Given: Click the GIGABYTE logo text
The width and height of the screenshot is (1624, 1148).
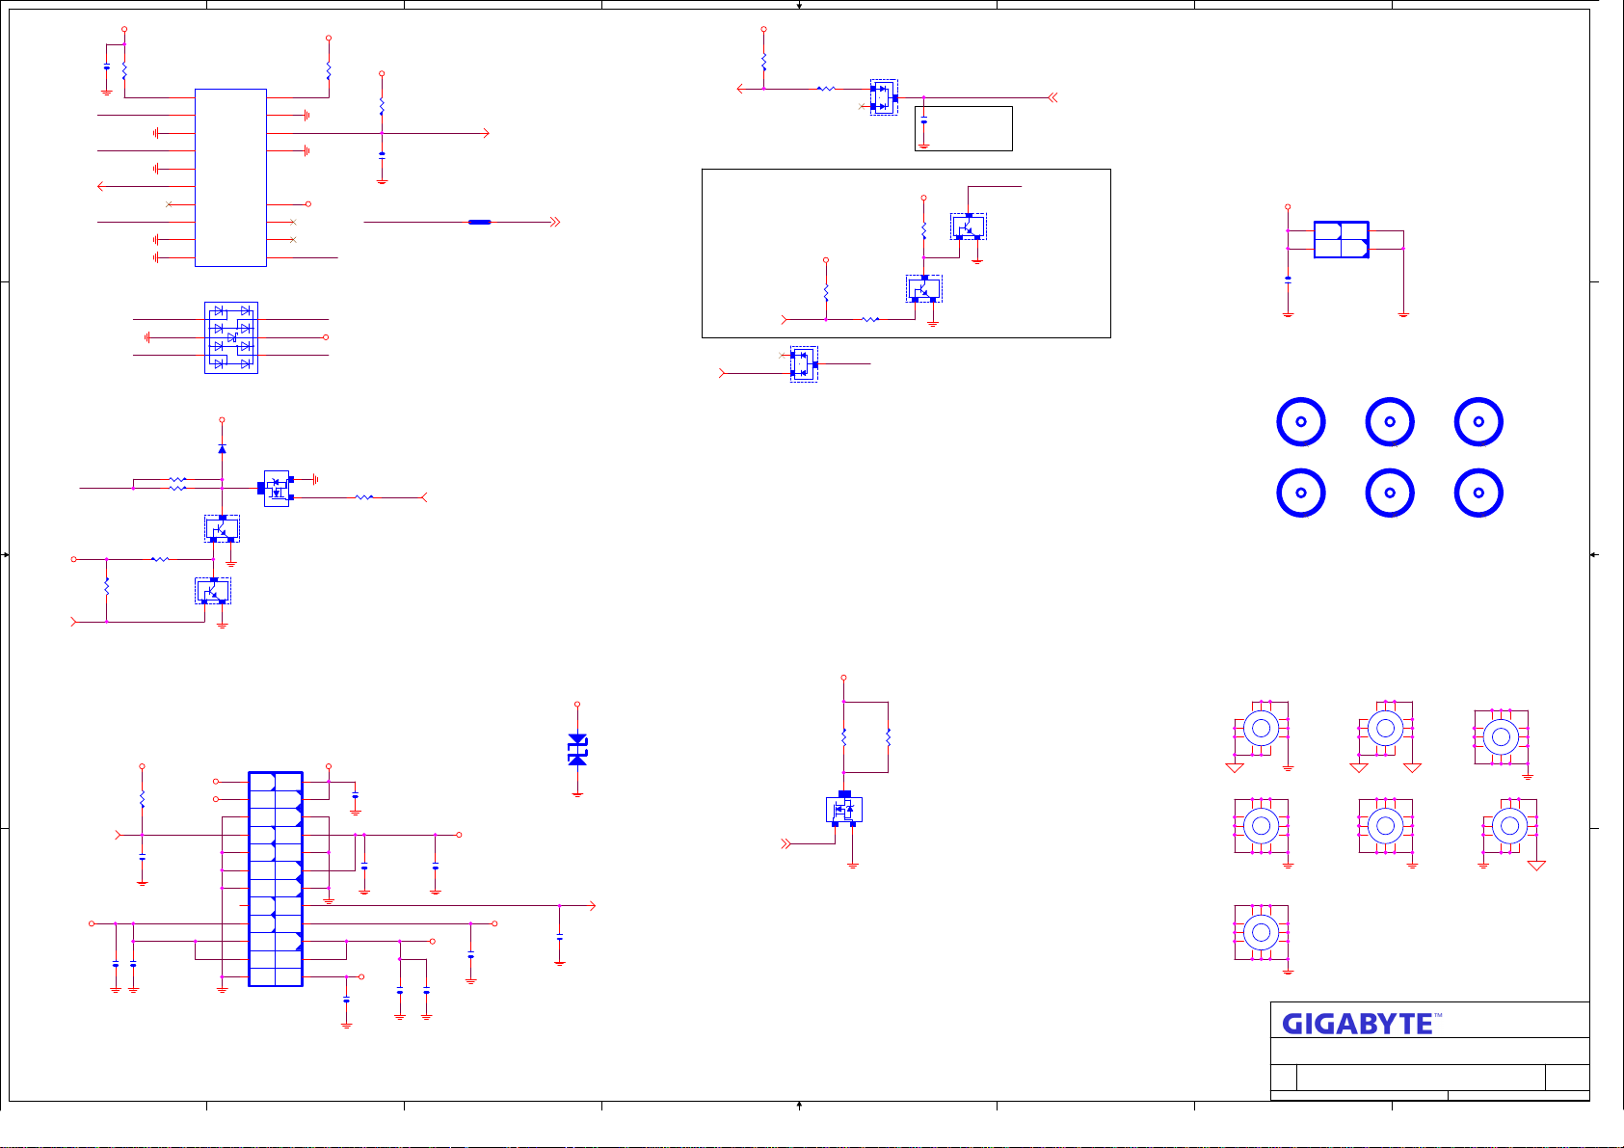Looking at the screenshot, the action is point(1356,1024).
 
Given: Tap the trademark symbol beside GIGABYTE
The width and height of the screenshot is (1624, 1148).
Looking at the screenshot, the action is point(1438,1015).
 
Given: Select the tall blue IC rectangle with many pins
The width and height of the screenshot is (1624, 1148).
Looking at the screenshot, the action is point(230,177).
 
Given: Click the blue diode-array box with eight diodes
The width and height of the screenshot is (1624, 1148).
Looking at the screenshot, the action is point(231,338).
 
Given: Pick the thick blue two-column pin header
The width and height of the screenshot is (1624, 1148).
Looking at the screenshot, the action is point(276,879).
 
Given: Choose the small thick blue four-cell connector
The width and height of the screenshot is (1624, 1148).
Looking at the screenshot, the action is point(1342,239).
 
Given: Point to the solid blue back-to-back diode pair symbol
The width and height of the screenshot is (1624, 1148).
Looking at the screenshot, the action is point(577,750).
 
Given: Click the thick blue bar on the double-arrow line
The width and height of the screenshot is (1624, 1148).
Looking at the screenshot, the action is point(480,222).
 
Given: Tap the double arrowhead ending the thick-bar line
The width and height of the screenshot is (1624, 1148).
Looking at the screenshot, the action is point(555,222).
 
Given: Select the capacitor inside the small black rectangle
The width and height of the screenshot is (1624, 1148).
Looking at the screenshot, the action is point(923,121).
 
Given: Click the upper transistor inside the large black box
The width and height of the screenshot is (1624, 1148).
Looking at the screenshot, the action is point(969,227).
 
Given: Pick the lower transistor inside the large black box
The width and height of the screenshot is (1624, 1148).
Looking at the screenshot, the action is point(924,288).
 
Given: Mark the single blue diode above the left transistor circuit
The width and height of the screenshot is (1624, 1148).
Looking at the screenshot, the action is point(222,449).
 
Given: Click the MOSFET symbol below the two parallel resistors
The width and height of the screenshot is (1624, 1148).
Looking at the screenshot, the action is point(844,810).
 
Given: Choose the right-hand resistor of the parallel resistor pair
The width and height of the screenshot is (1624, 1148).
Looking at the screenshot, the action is point(888,736).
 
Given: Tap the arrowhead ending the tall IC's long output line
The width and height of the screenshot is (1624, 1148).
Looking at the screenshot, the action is point(487,133).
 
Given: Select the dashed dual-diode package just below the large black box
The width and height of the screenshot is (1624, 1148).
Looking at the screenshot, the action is point(804,364).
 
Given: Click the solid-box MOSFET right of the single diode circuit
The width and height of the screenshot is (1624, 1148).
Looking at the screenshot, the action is point(277,488).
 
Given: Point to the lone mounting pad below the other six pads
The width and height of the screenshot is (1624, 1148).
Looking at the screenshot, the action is point(1262,933).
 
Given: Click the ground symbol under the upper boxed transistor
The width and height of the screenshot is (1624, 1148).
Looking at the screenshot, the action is point(977,260).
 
